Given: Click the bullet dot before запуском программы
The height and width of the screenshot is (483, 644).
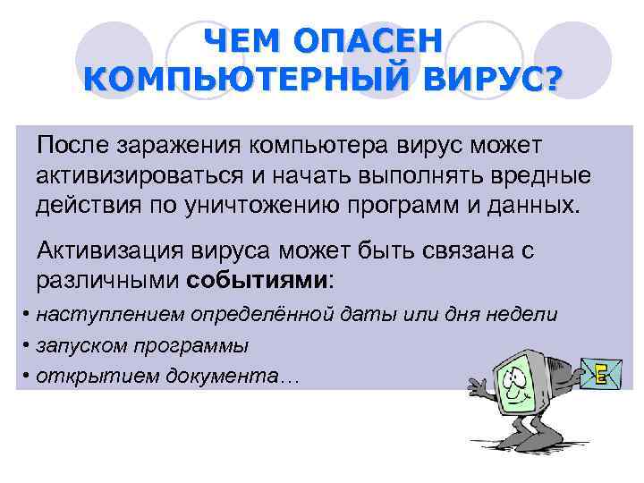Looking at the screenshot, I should (28, 345).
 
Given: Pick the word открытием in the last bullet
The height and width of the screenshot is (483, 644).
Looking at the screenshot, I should (83, 375).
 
